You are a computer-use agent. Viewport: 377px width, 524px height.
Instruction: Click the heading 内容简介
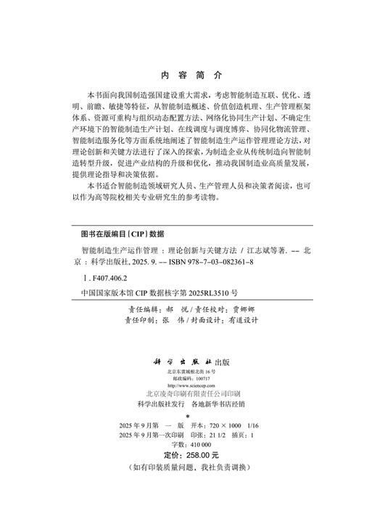(x=188, y=75)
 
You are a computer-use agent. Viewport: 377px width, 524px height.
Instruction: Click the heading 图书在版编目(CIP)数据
(x=123, y=234)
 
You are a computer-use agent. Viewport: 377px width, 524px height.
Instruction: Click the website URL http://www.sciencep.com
(x=187, y=387)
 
